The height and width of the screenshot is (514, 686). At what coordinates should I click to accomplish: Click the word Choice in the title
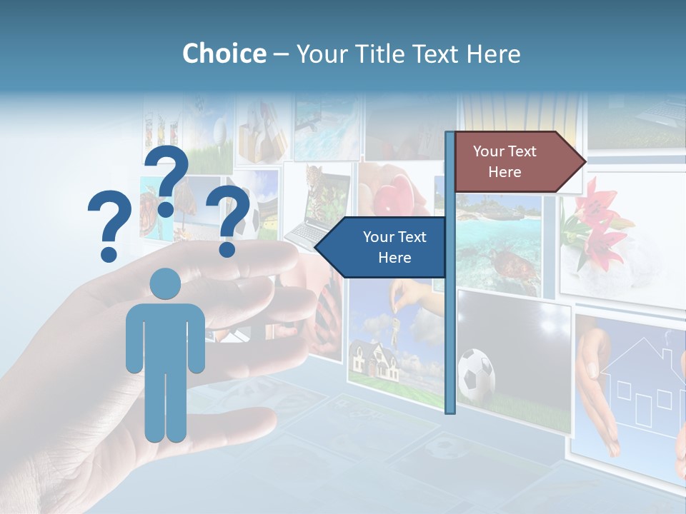tap(224, 54)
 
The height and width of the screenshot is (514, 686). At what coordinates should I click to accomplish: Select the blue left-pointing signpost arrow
tap(382, 248)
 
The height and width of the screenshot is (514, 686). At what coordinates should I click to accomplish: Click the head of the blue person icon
tap(165, 283)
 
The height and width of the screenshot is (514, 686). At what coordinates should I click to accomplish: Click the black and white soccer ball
tap(476, 373)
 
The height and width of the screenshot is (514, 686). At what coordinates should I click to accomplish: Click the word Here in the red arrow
tap(504, 172)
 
